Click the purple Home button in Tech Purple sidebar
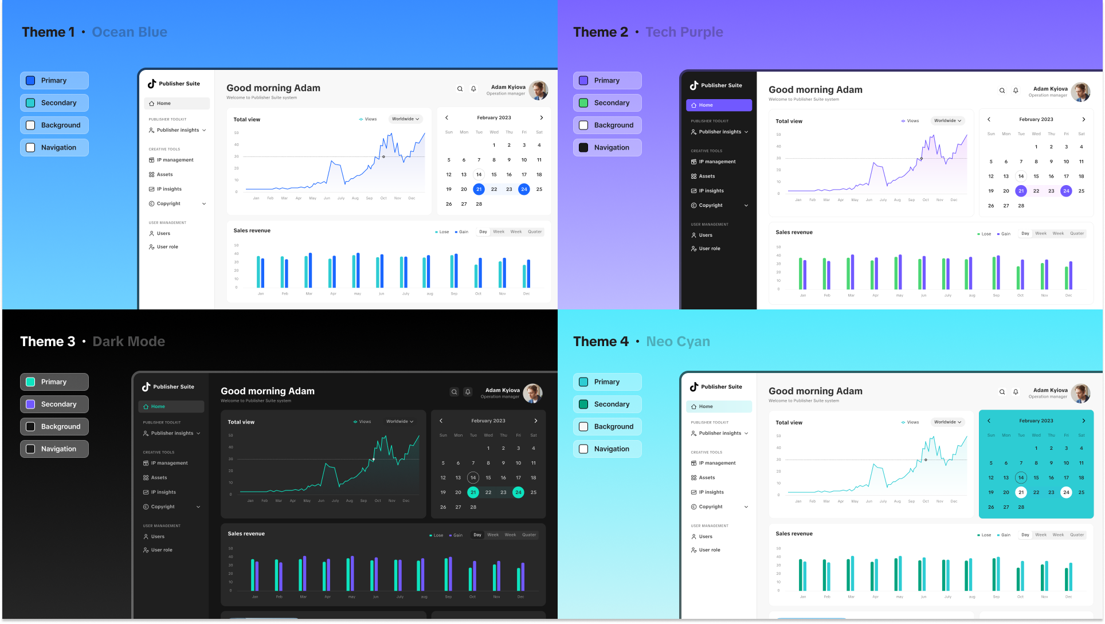pos(719,105)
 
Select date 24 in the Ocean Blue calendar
pos(524,189)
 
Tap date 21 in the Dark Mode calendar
pos(473,492)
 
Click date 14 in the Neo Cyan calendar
pos(1021,477)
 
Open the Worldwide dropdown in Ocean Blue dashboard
pos(406,119)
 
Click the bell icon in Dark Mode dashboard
pos(468,392)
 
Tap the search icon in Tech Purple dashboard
pos(1002,91)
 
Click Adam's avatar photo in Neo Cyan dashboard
pos(1080,393)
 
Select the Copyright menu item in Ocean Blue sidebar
pos(169,203)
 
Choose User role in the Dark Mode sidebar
pos(161,550)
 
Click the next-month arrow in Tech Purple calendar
pos(1083,119)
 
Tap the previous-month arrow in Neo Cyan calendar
pos(989,421)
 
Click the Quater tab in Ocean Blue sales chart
pos(535,232)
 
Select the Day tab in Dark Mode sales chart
pos(477,535)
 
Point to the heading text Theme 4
pos(601,342)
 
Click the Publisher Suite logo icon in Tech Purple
pos(694,85)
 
